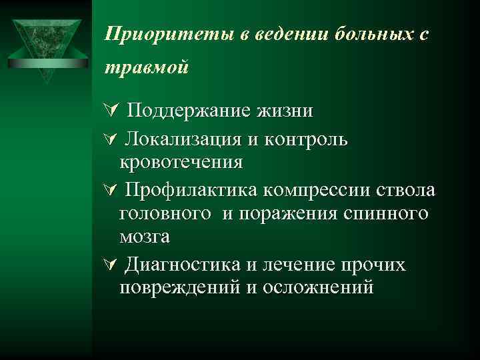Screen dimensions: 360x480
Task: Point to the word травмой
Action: point(147,67)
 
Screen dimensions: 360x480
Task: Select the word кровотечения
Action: point(181,161)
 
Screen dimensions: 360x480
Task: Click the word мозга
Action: point(145,236)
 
